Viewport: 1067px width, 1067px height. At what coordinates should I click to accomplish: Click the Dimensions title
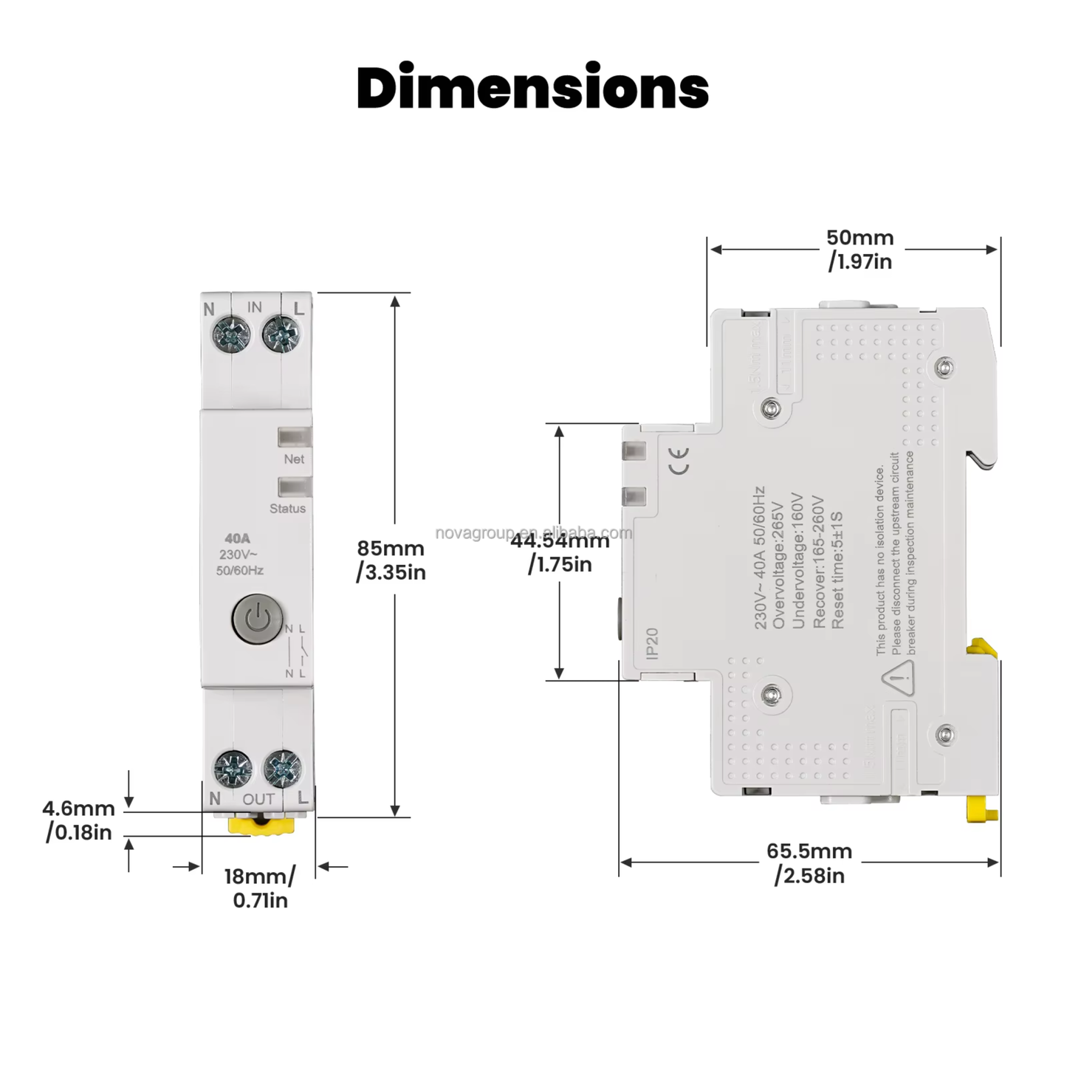pyautogui.click(x=532, y=88)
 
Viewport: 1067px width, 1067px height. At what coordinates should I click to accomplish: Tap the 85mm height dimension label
pyautogui.click(x=391, y=560)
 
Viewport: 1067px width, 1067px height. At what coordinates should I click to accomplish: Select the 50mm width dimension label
pyautogui.click(x=860, y=249)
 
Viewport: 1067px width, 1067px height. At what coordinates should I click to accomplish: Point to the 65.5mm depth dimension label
pyautogui.click(x=809, y=862)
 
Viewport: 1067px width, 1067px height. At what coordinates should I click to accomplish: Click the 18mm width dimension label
pyautogui.click(x=260, y=888)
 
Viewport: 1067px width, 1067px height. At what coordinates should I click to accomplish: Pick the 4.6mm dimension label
pyautogui.click(x=79, y=820)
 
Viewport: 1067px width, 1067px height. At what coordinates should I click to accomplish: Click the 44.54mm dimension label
pyautogui.click(x=560, y=552)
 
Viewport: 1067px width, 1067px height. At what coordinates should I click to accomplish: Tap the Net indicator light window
pyautogui.click(x=295, y=437)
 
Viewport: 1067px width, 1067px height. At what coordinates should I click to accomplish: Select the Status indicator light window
pyautogui.click(x=295, y=487)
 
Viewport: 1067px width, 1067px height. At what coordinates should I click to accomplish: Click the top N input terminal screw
pyautogui.click(x=231, y=334)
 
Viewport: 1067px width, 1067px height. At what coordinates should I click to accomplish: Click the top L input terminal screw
pyautogui.click(x=281, y=334)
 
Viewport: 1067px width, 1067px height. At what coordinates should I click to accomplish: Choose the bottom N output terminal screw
pyautogui.click(x=233, y=769)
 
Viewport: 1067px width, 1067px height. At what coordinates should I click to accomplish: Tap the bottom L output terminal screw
pyautogui.click(x=282, y=769)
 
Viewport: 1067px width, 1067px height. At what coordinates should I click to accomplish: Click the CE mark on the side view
pyautogui.click(x=679, y=460)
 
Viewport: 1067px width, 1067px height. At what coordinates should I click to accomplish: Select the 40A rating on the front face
pyautogui.click(x=238, y=539)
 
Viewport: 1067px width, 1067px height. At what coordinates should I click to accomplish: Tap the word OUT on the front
pyautogui.click(x=258, y=799)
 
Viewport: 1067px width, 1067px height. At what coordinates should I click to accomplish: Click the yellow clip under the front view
pyautogui.click(x=260, y=824)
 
